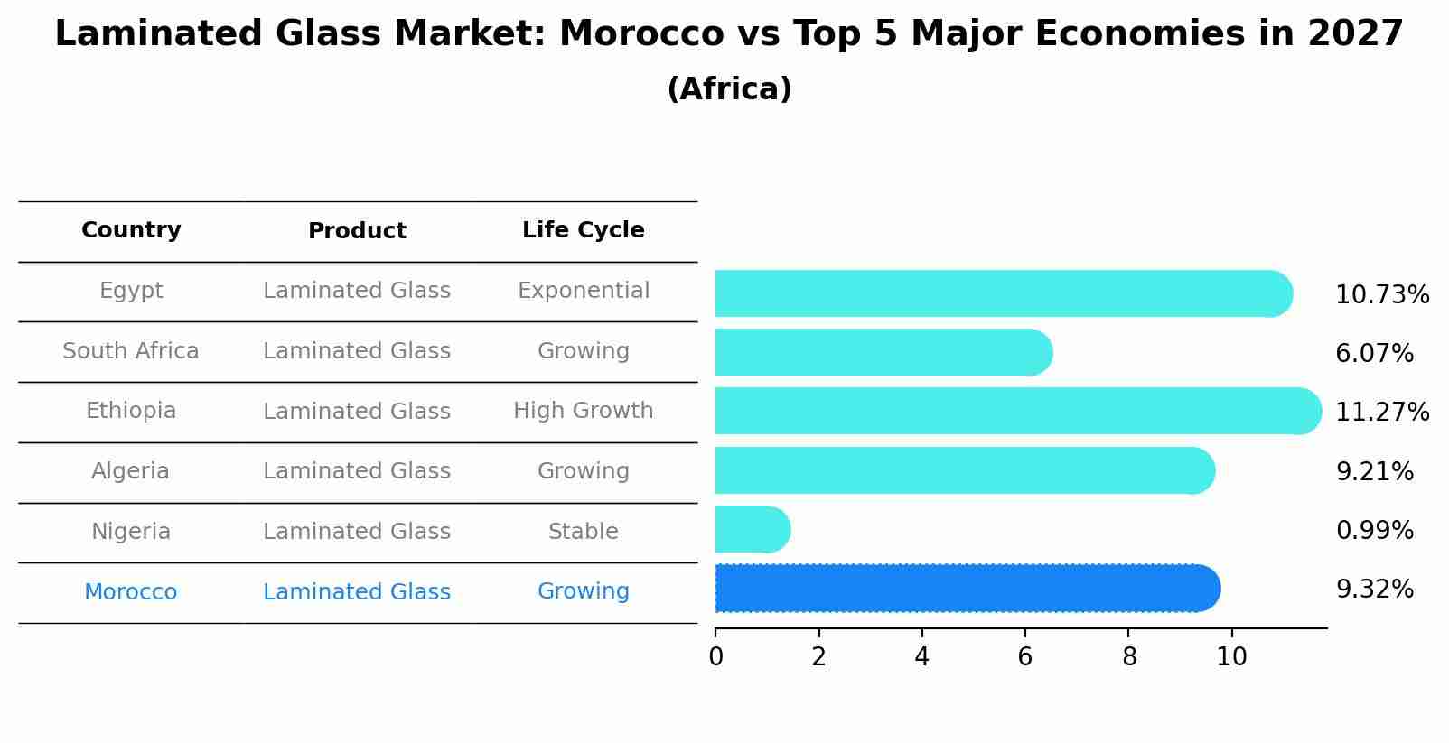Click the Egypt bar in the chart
(x=1003, y=293)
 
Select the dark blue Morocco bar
(x=967, y=589)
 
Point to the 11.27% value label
(x=1381, y=413)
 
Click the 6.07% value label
(x=1374, y=354)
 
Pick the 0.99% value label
(x=1374, y=531)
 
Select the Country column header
(x=131, y=230)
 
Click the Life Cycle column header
(x=583, y=230)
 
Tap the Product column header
(x=357, y=231)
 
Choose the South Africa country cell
(x=131, y=351)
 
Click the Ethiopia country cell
(x=131, y=411)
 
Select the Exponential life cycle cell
(x=583, y=291)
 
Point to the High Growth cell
(x=583, y=411)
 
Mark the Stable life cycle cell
(x=583, y=532)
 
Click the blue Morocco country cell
(x=131, y=592)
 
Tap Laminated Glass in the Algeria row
(x=357, y=471)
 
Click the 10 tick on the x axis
(x=1231, y=656)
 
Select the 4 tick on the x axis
(x=921, y=656)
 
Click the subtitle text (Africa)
(x=729, y=89)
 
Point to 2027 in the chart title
(x=1354, y=34)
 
